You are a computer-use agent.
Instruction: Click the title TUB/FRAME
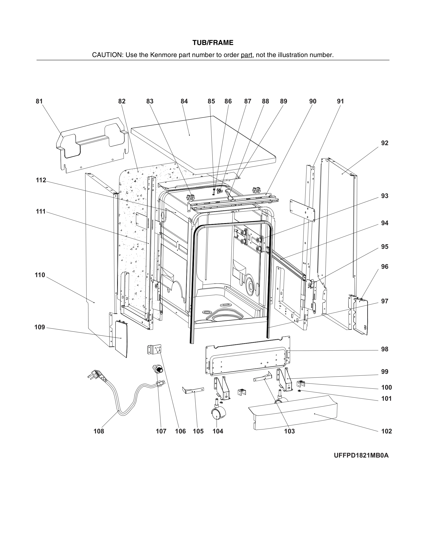tap(213, 43)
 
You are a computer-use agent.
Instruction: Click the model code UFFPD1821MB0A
tap(361, 455)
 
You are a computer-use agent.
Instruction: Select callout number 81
tap(39, 101)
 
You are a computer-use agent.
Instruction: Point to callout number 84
tap(184, 101)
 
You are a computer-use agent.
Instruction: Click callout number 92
tap(384, 143)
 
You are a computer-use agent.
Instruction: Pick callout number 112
tap(41, 180)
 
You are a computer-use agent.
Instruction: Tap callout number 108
tap(99, 431)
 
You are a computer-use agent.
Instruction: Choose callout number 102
tap(386, 431)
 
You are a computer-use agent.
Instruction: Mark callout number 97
tap(384, 301)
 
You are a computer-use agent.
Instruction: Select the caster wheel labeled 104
tap(218, 414)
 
